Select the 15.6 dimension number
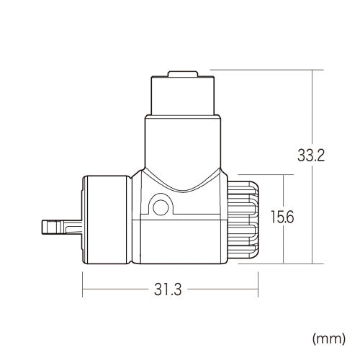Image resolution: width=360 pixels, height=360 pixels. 283,215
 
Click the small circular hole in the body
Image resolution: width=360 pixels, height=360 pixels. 160,207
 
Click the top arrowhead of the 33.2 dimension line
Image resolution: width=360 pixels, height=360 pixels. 311,72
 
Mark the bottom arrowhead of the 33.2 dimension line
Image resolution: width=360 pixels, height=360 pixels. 311,262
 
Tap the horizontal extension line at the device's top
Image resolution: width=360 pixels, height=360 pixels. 259,69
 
